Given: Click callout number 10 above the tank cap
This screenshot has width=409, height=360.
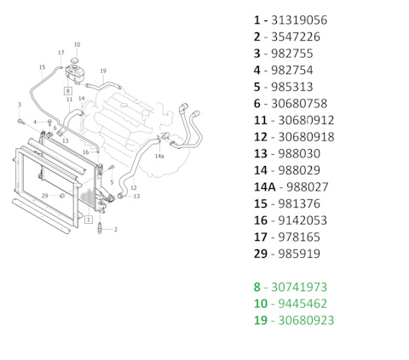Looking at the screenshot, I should pos(77,44).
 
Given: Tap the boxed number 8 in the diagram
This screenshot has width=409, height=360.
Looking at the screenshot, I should pos(67,89).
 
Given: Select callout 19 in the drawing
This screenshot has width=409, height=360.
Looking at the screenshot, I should pos(103,71).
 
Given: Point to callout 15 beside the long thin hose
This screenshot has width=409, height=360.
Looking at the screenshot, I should pos(42,67).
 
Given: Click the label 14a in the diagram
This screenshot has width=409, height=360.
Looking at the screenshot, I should pos(159,157).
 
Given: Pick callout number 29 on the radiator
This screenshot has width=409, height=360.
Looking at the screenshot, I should pos(44,196).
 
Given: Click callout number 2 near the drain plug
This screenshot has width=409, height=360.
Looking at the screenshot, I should pos(115,229).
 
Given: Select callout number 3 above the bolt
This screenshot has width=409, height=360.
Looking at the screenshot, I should pos(19,105).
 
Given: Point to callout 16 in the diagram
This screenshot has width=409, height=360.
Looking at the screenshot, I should pos(85,152).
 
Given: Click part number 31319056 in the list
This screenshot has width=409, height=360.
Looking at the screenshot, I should pos(297,20).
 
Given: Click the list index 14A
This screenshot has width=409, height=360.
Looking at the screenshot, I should pos(264,186).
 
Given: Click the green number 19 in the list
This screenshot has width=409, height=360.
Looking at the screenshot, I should pos(259,321).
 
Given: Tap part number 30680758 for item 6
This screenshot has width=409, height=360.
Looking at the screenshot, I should pos(298,103).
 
